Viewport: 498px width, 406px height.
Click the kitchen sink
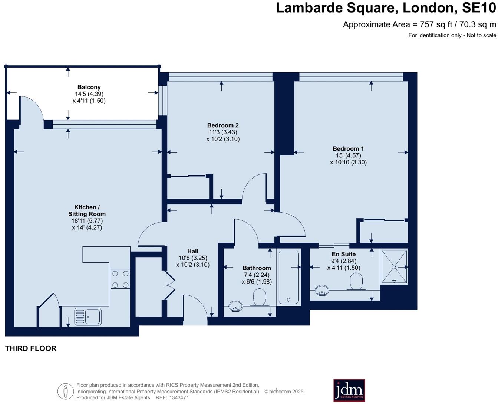[88, 317]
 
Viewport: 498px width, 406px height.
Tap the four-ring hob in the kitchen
[120, 279]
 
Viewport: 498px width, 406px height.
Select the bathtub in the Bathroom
[288, 277]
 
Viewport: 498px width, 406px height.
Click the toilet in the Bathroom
[260, 297]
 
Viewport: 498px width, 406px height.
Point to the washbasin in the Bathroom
[235, 307]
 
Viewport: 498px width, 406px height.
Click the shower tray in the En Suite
[394, 266]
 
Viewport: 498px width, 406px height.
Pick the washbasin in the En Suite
[322, 290]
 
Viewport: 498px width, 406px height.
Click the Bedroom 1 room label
[348, 149]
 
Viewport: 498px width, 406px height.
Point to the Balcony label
[89, 87]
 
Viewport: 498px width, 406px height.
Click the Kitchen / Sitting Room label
[87, 210]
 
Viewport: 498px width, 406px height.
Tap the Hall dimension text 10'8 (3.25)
[193, 258]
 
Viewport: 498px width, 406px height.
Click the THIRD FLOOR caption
[31, 348]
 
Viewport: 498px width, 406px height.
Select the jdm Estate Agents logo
[349, 390]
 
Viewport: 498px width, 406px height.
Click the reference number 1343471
[179, 397]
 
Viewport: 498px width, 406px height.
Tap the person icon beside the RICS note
[66, 391]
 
